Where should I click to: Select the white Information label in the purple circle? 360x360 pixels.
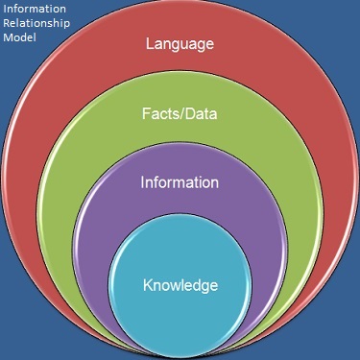click(180, 181)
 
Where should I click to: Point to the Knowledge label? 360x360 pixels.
click(180, 285)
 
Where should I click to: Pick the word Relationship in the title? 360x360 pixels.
click(36, 26)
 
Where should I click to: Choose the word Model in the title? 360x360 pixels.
click(19, 40)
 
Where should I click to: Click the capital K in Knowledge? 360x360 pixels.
click(147, 285)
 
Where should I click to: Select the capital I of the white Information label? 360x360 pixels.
click(143, 181)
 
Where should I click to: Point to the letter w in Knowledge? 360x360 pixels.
click(179, 285)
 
